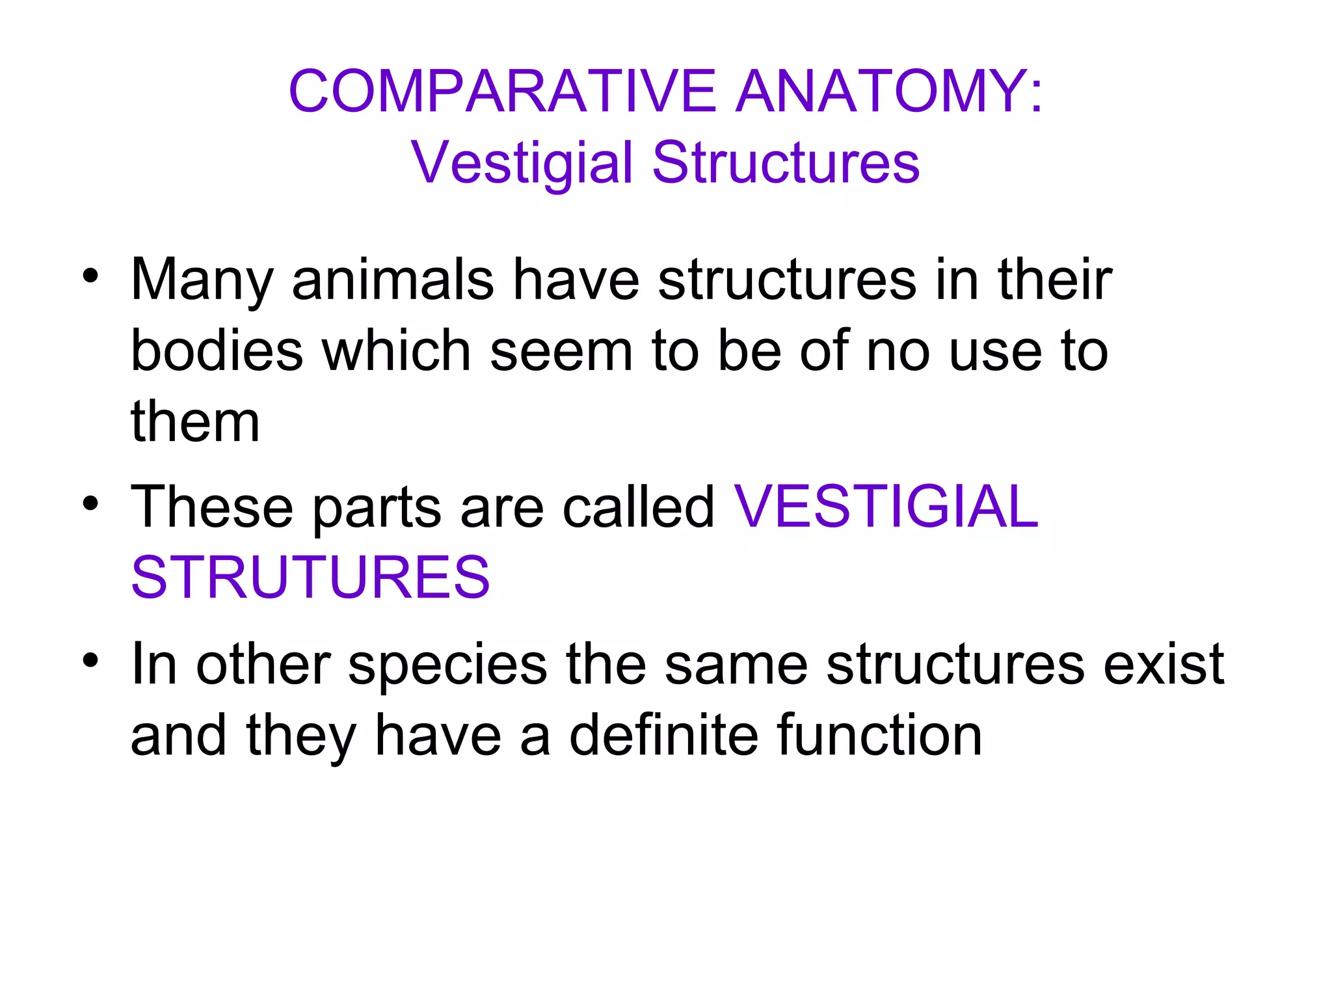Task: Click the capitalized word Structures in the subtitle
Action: (786, 163)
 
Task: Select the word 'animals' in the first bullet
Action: (393, 280)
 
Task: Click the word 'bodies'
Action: (217, 351)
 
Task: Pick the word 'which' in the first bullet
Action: (397, 351)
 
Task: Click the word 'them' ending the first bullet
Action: (195, 421)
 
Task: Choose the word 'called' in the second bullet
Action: (638, 507)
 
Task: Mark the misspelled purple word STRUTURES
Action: (310, 577)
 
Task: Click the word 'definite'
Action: (664, 736)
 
